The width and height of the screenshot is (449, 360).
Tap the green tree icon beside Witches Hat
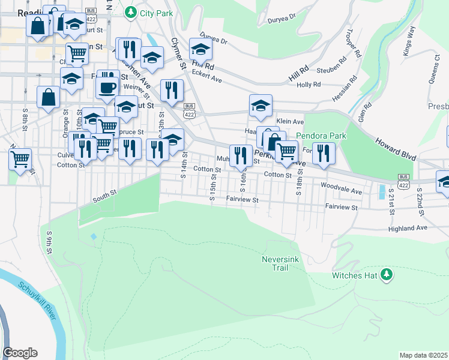click(387, 275)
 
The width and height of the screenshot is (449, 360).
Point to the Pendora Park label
click(321, 136)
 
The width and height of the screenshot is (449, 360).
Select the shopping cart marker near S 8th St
click(20, 160)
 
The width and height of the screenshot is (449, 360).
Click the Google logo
click(20, 353)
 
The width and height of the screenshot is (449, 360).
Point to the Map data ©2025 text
click(423, 355)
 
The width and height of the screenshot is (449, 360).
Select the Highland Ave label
click(408, 229)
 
